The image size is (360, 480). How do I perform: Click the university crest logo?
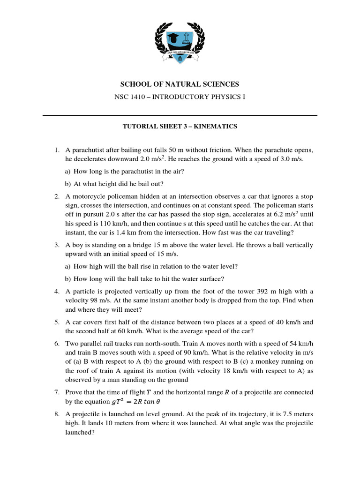(180, 44)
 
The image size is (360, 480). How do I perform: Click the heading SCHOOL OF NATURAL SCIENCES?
(180, 84)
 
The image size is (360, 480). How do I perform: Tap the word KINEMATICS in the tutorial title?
(216, 126)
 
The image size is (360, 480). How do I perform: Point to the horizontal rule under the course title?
(180, 115)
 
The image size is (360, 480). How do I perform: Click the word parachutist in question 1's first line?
(88, 150)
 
